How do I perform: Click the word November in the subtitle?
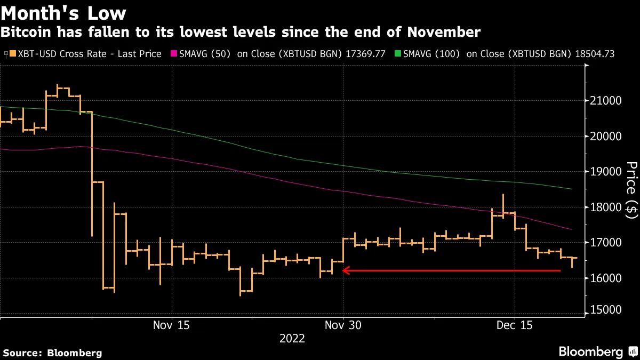(445, 33)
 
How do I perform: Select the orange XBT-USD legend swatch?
(6, 54)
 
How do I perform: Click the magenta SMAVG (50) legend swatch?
(173, 54)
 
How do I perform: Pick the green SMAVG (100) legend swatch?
(397, 54)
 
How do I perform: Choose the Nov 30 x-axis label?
(343, 325)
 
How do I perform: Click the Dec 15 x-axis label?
(514, 325)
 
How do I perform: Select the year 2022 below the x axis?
(292, 339)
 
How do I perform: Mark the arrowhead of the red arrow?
(345, 271)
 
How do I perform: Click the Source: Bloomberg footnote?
(52, 353)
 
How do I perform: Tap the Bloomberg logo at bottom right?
(597, 351)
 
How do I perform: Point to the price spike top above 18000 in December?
(503, 195)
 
